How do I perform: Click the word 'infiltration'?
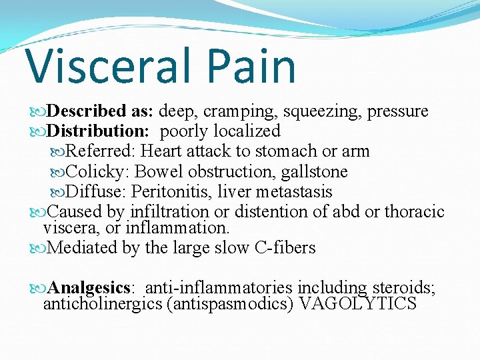tap(169, 212)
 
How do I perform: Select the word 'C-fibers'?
tap(285, 248)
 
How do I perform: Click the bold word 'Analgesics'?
tap(89, 289)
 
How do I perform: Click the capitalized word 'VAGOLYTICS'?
tap(359, 305)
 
